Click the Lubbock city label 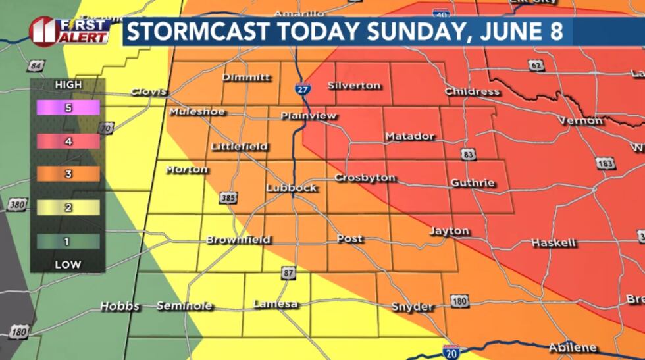tap(291, 188)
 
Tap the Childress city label tap(472, 91)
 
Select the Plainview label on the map tap(308, 116)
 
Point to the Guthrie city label tap(472, 182)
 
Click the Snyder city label tap(412, 307)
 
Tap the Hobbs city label tap(120, 307)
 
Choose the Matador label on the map tap(410, 136)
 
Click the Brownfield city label tap(238, 240)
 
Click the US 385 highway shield tap(228, 197)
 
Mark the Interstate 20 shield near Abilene tap(451, 352)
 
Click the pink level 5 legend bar tap(68, 107)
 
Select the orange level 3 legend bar tap(68, 174)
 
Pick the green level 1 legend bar tap(68, 242)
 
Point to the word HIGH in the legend tap(68, 85)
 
